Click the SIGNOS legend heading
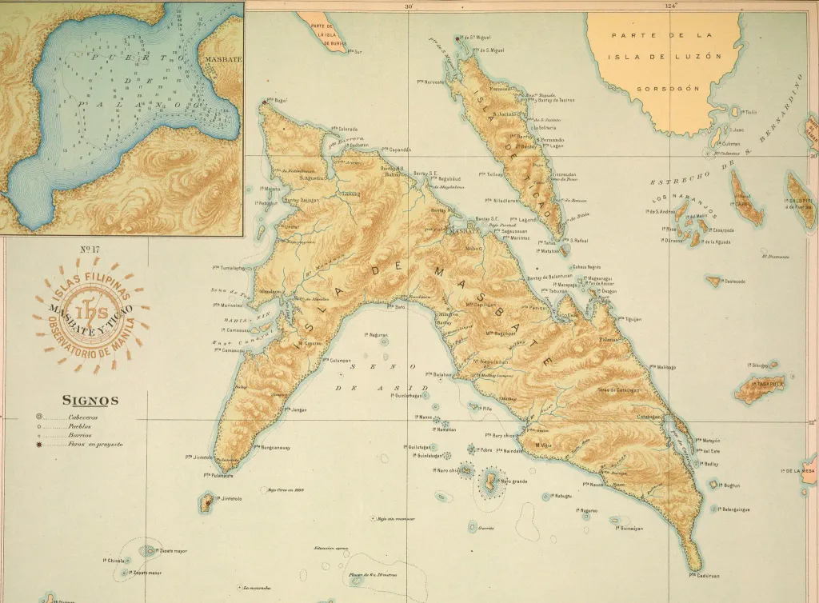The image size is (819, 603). (x=90, y=400)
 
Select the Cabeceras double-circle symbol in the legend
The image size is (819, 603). (x=39, y=417)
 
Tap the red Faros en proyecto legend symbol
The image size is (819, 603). (x=39, y=443)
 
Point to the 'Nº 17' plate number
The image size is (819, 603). (x=90, y=250)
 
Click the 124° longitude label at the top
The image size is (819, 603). (x=670, y=6)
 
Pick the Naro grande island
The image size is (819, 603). (x=487, y=481)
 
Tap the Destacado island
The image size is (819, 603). (x=713, y=281)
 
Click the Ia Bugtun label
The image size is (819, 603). (x=728, y=485)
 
